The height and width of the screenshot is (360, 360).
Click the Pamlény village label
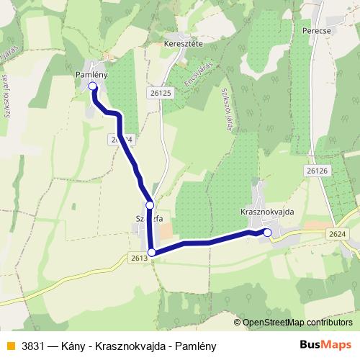point(91,74)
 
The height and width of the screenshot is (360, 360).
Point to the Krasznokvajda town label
point(264,214)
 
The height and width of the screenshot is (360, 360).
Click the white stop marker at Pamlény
point(93,87)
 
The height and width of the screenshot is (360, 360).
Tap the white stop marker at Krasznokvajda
point(267,232)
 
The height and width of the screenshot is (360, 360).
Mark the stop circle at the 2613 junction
point(151,252)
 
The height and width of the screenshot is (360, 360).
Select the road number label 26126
point(316,171)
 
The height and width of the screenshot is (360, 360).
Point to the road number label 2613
point(140,257)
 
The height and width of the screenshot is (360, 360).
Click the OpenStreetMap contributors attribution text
point(298,322)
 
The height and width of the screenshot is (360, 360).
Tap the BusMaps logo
point(325,346)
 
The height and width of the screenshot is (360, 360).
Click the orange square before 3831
point(9,346)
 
